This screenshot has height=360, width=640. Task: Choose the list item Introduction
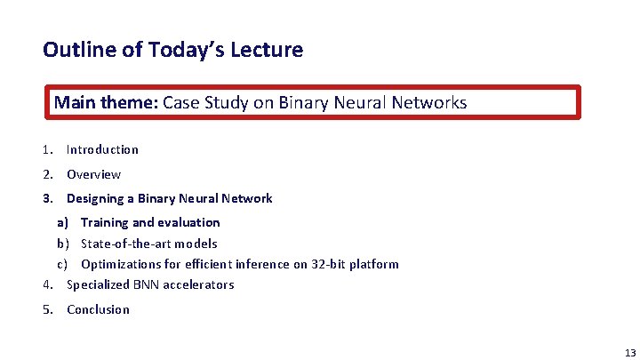(102, 149)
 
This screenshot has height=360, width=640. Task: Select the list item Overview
(93, 174)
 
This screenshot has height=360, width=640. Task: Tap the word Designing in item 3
(95, 198)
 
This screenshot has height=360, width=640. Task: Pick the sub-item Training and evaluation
(150, 222)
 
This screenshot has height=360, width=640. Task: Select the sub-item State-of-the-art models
(148, 244)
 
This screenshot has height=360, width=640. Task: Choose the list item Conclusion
(98, 309)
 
